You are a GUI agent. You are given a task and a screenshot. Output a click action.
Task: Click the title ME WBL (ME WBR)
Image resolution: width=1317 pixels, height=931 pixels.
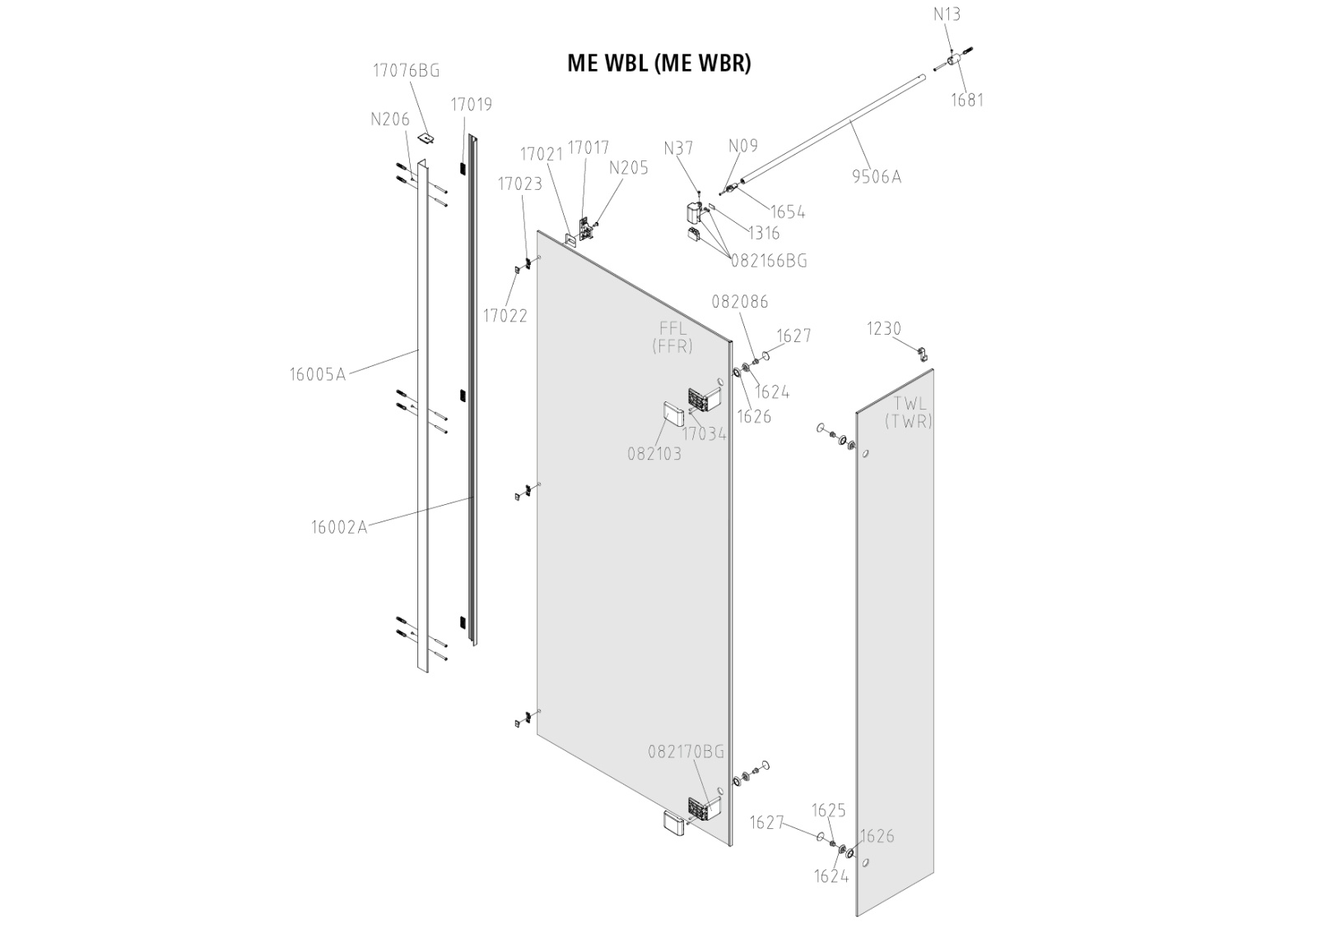click(658, 63)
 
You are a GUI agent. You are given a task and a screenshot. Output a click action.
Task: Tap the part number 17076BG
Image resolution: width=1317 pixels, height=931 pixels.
click(406, 71)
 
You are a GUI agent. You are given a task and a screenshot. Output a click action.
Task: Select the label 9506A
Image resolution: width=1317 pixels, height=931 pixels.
click(877, 177)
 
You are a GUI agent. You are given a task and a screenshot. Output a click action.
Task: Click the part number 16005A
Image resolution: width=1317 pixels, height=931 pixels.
click(317, 375)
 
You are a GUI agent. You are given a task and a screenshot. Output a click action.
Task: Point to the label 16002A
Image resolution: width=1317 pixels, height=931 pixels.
click(339, 527)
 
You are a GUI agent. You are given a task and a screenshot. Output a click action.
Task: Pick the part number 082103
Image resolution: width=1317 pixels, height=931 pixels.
click(654, 453)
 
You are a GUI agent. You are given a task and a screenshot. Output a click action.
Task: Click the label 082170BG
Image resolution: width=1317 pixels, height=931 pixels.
click(686, 751)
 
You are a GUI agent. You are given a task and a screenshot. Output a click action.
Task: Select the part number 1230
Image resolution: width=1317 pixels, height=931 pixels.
click(884, 329)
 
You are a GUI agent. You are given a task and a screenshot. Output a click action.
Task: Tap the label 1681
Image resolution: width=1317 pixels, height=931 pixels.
click(967, 100)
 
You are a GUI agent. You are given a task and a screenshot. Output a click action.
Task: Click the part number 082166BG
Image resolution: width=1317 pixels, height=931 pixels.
click(769, 261)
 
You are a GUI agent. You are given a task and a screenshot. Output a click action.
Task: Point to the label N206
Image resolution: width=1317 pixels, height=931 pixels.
click(390, 119)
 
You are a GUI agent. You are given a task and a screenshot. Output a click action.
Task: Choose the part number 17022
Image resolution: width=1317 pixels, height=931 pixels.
click(505, 316)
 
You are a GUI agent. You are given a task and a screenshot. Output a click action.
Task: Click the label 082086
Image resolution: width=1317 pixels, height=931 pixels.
click(740, 302)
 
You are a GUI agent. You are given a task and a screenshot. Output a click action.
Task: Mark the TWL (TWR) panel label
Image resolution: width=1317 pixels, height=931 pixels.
click(909, 413)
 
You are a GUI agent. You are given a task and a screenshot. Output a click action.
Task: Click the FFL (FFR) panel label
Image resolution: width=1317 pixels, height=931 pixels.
click(672, 338)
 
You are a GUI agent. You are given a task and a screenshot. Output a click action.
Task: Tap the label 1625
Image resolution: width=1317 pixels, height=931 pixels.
click(829, 811)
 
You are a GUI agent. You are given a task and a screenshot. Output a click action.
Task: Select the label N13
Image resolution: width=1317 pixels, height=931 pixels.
click(947, 14)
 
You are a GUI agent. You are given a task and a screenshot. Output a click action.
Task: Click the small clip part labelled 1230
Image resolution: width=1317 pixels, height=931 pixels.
click(923, 354)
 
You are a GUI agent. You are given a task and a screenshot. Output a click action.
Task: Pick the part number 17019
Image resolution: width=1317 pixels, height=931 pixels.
click(471, 104)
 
